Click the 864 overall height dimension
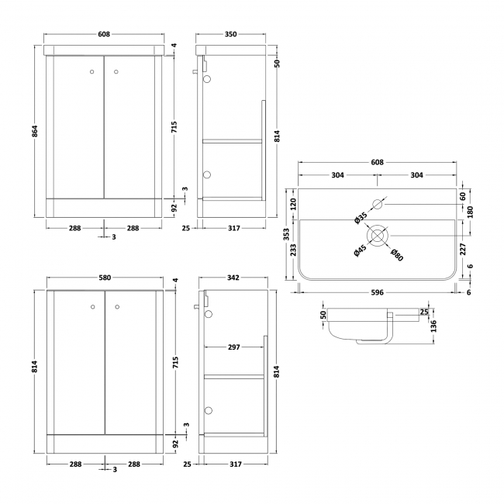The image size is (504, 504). pos(34,133)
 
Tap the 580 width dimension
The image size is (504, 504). pos(105,278)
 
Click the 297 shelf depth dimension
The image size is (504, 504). pos(233,347)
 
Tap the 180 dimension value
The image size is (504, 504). pos(470,211)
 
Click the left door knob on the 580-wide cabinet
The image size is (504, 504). pos(93,305)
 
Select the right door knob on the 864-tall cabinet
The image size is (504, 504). pos(116,72)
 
